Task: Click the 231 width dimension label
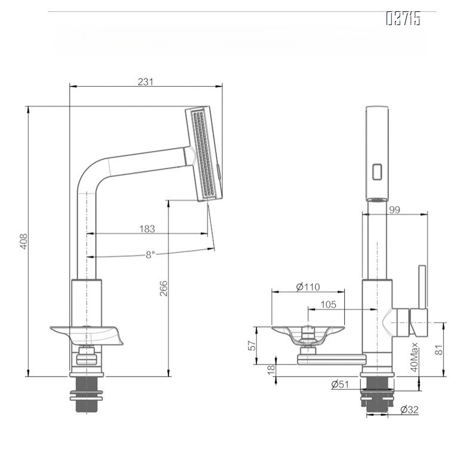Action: pos(146,82)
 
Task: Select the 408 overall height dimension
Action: pos(23,241)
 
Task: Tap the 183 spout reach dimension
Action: pos(147,228)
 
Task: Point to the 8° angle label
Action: pos(150,254)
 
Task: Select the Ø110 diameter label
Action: pos(308,287)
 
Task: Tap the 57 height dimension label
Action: pos(252,345)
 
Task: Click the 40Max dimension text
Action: pos(413,357)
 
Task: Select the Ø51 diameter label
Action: pos(341,385)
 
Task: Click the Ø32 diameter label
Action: pos(409,409)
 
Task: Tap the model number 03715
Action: pos(403,20)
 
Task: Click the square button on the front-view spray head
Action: pos(378,172)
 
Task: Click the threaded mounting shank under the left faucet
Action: pos(88,397)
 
